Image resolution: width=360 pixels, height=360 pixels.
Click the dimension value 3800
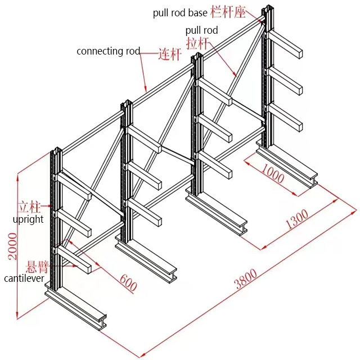point(246,280)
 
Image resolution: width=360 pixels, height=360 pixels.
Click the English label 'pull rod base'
point(180,13)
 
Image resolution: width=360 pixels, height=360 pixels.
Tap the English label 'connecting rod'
point(109,51)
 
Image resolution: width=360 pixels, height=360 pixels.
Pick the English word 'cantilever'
point(24,278)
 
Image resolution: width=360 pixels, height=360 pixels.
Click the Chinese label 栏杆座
point(228,12)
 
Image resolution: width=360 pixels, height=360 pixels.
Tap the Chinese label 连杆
point(169,55)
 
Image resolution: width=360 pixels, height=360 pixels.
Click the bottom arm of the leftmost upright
point(75,259)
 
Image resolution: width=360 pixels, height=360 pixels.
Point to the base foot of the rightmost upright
point(287,168)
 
